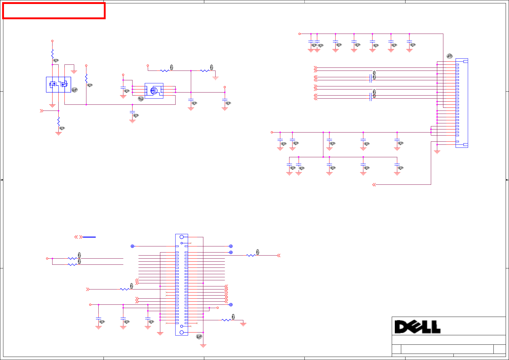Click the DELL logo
coord(417,327)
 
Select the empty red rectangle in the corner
coord(54,11)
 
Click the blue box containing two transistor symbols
coord(58,85)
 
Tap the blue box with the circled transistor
coord(154,91)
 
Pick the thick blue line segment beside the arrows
coord(89,237)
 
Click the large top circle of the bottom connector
coord(182,237)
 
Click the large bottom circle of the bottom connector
coord(182,332)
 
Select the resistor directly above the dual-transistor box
coord(53,54)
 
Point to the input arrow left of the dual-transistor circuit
coord(42,111)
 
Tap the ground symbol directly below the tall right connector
coord(437,152)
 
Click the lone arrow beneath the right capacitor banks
coord(374,185)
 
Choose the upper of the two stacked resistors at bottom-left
coord(72,258)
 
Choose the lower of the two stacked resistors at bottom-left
coord(72,264)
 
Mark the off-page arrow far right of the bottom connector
coord(278,255)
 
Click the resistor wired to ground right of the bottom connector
coord(226,320)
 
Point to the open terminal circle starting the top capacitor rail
coord(300,34)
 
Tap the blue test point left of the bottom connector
coord(132,246)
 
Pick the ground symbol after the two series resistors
coord(216,78)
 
